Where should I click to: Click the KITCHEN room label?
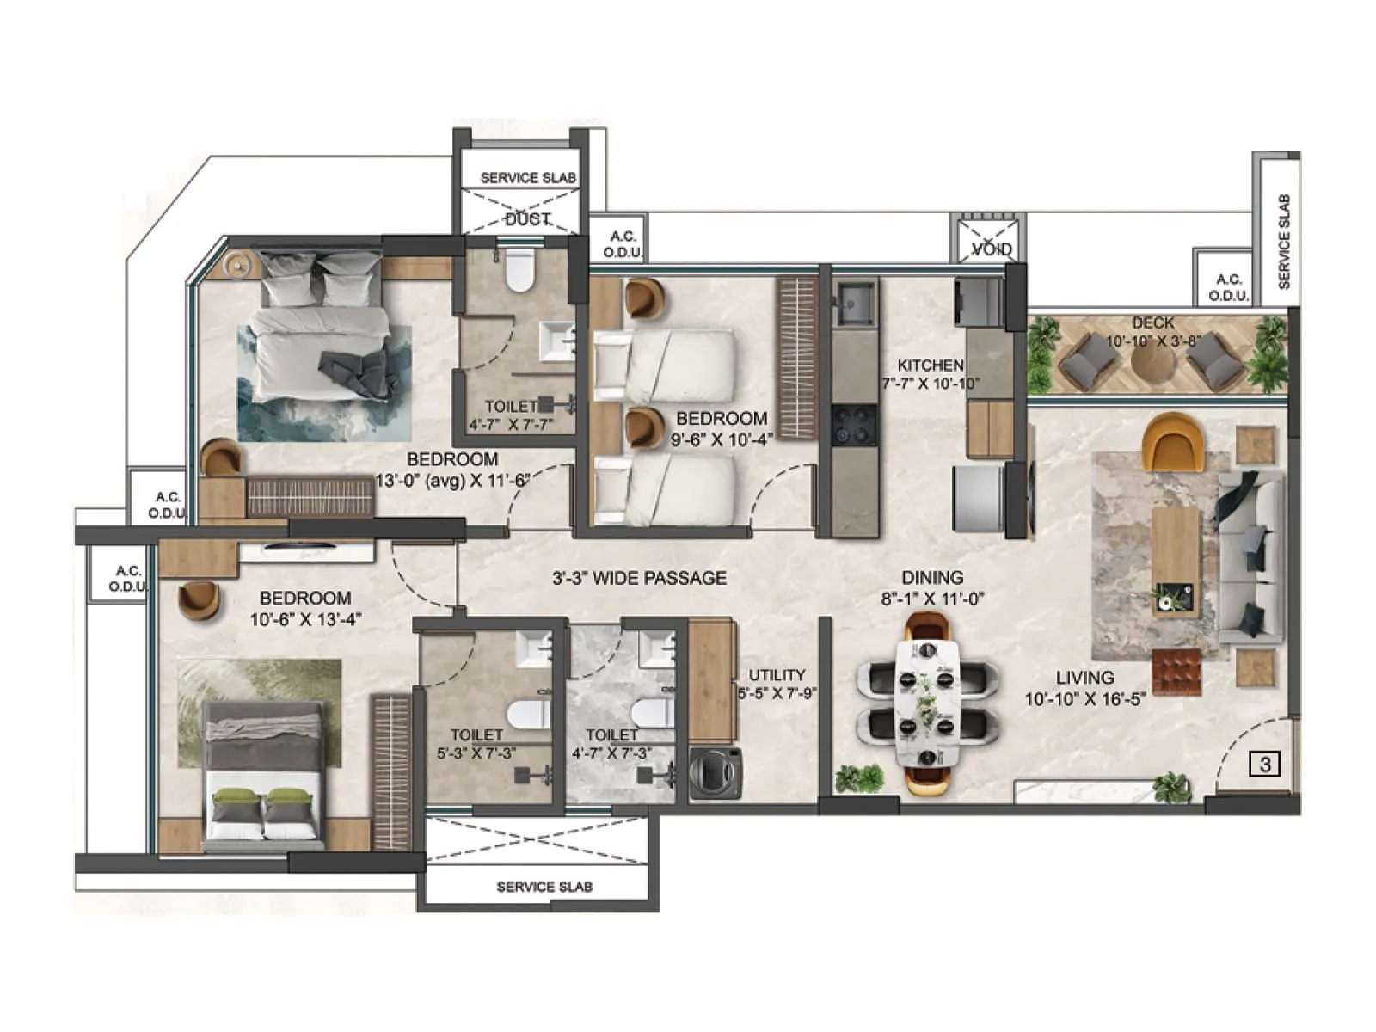click(931, 365)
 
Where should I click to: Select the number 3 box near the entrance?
click(1265, 764)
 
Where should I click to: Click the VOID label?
click(991, 249)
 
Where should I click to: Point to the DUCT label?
click(526, 220)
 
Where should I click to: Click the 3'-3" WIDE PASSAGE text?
click(639, 578)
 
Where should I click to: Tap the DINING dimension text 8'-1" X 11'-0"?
click(932, 599)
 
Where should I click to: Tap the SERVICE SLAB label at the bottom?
click(544, 887)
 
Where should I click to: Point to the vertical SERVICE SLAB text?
click(1283, 241)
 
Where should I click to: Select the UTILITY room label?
click(777, 675)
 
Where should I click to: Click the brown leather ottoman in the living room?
click(1176, 672)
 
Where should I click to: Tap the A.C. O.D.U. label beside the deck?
click(1228, 287)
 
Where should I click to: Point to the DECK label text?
click(1152, 323)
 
